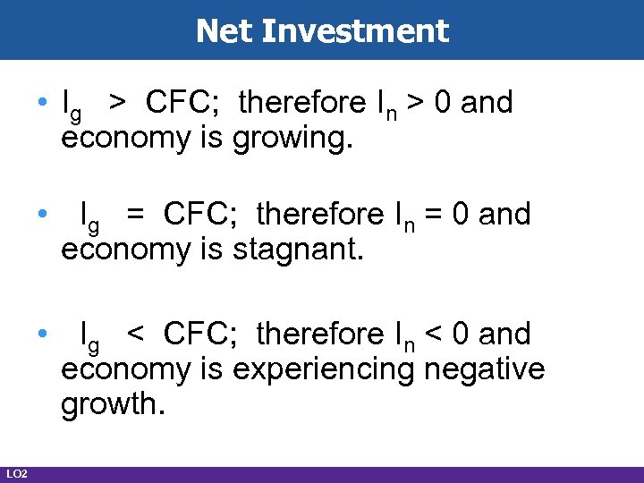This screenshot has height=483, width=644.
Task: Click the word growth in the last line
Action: click(x=111, y=404)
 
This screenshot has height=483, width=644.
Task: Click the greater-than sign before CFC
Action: click(x=117, y=104)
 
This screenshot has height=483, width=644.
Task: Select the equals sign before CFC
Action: click(x=135, y=215)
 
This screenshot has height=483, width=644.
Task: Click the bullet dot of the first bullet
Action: click(x=43, y=104)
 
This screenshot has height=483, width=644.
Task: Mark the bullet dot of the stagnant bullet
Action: click(x=43, y=215)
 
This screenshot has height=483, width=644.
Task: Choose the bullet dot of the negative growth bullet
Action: click(x=43, y=335)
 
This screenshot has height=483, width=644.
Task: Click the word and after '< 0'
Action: click(x=504, y=335)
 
